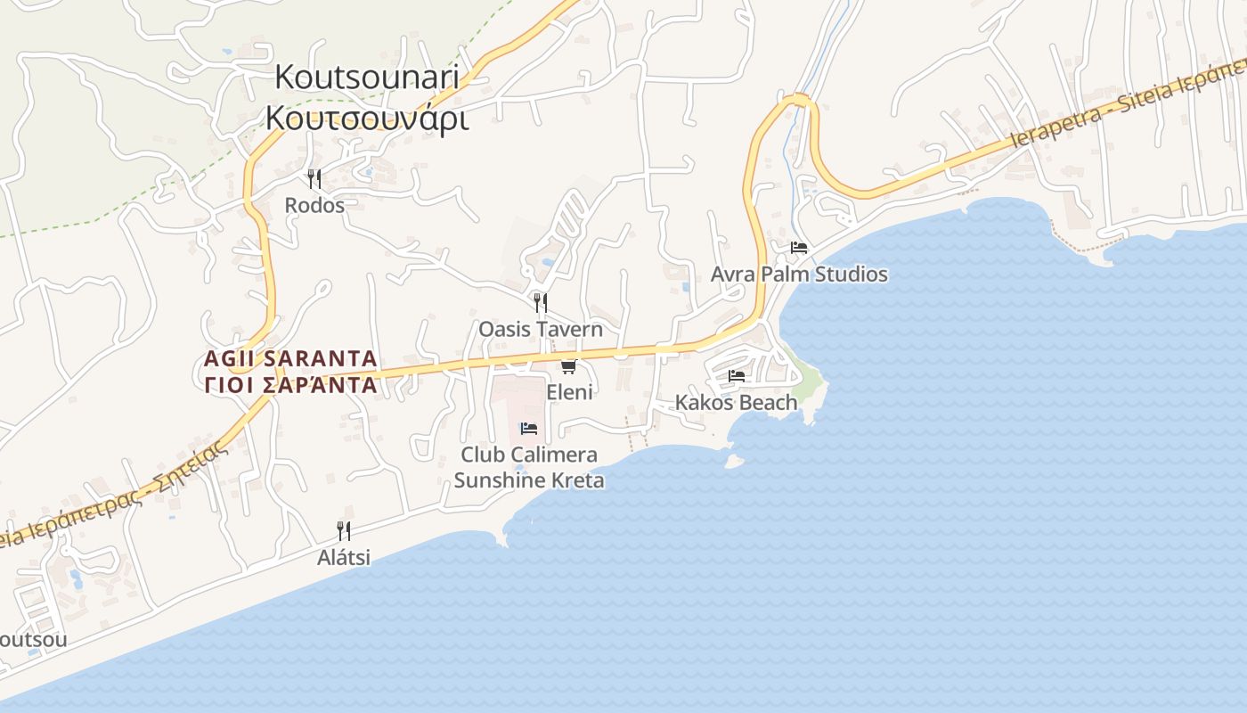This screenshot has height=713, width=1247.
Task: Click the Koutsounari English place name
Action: (366, 78)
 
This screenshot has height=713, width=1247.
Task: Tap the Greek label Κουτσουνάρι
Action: (366, 118)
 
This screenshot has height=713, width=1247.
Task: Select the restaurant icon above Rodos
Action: (314, 179)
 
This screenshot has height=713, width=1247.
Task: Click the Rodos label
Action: (314, 205)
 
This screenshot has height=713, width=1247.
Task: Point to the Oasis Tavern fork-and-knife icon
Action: (540, 302)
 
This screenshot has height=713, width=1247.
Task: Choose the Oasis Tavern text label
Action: (541, 329)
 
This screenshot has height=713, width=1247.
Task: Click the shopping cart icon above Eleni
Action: (568, 366)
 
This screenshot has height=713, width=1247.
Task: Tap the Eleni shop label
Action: (569, 392)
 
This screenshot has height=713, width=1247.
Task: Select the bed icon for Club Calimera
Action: (528, 429)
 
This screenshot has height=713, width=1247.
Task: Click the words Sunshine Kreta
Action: (529, 480)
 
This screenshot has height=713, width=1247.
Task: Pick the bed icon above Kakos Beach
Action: (736, 376)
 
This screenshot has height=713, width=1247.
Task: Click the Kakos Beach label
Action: (736, 403)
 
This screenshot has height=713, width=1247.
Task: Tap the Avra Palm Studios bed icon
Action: (798, 248)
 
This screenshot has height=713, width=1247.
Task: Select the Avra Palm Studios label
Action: (799, 274)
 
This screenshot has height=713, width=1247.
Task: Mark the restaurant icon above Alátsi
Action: (343, 531)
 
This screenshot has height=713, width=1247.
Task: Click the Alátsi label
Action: (344, 558)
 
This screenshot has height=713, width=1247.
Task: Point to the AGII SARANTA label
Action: (290, 359)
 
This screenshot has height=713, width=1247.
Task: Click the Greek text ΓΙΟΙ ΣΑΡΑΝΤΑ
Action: (290, 385)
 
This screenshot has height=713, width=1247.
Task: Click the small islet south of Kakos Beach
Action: (734, 461)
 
